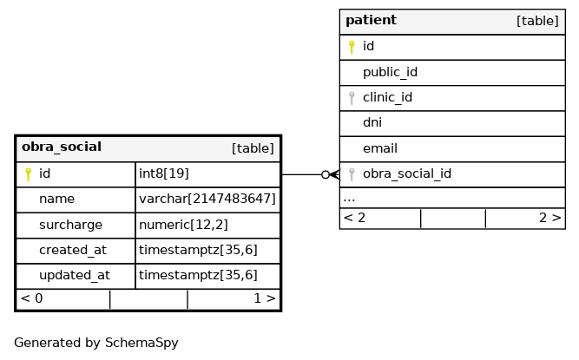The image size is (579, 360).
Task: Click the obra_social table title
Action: point(62,147)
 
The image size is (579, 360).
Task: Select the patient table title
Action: point(371,20)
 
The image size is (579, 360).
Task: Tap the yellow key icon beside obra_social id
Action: point(28,174)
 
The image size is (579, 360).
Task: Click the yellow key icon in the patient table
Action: point(352,47)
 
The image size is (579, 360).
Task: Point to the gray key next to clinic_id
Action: point(352,98)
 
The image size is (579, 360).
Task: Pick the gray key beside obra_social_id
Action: point(352,174)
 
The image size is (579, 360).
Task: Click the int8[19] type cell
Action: point(164,173)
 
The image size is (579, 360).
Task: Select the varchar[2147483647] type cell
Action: point(207,199)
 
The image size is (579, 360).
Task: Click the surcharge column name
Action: point(70,225)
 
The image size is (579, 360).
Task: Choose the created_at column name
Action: point(73,250)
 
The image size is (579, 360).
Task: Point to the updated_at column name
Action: point(75,275)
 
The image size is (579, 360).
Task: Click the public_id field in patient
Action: point(390,72)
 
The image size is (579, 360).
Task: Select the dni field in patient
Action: point(372,122)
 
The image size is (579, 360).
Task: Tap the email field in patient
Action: point(380,148)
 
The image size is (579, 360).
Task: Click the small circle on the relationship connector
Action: point(326,174)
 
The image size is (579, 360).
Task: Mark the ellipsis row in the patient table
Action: point(349,200)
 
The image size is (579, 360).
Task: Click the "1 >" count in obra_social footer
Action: point(265,298)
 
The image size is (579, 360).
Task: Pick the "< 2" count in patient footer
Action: point(354,218)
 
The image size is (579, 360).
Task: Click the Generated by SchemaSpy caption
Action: point(96,343)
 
